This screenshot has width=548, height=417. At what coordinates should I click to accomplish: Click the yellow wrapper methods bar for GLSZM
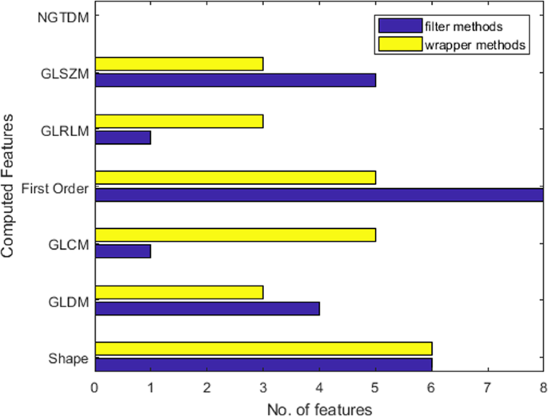tap(179, 64)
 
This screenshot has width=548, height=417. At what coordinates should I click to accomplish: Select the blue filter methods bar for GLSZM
tap(235, 80)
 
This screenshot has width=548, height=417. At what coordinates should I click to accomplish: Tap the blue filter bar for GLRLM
tap(123, 138)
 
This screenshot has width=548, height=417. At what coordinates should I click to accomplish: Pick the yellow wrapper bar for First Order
tap(235, 178)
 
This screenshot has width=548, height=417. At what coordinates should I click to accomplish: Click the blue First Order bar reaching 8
tap(319, 194)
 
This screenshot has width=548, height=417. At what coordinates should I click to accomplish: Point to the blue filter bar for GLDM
tap(207, 308)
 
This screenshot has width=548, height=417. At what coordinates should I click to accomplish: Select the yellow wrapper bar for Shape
tap(263, 348)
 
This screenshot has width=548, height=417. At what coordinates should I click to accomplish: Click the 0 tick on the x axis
tap(95, 388)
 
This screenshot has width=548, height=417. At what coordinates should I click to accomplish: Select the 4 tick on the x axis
tap(319, 388)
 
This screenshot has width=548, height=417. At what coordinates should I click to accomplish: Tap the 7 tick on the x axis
tap(487, 388)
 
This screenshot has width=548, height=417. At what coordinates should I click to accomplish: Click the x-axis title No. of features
tap(319, 408)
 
